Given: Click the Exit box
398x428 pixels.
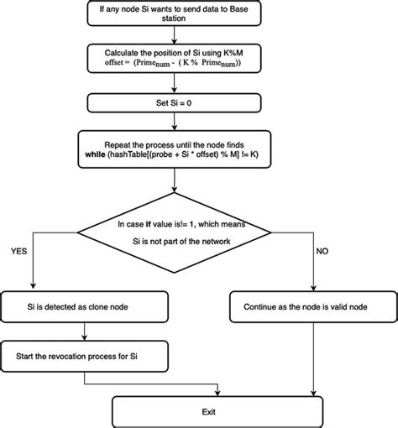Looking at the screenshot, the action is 217,412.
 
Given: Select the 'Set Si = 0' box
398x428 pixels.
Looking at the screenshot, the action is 174,103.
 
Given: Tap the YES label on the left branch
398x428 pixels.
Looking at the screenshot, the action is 19,251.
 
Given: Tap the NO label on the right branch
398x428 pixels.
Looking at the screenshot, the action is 322,251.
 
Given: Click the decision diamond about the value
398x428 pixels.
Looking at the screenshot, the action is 174,232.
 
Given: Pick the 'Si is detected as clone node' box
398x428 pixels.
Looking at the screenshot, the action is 85,307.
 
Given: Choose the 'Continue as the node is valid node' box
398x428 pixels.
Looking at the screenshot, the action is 313,307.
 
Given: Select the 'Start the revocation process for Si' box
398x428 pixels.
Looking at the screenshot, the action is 85,356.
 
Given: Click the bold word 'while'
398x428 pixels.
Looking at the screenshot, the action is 96,154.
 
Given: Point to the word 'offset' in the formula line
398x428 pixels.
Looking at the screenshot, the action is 114,62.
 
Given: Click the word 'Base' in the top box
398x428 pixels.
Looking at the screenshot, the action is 238,9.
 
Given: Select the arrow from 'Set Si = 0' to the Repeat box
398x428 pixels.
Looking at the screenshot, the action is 174,122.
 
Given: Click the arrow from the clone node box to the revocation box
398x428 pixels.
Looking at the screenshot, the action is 85,331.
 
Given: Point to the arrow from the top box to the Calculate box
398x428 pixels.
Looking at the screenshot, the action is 174,35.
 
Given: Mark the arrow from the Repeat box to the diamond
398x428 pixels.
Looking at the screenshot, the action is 174,180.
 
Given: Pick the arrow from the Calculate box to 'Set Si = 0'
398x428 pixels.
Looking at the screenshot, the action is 174,83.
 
